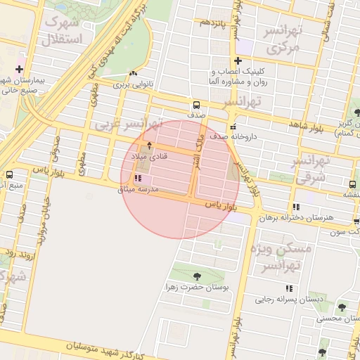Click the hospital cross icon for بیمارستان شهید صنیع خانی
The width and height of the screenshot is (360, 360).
pyautogui.click(x=19, y=70)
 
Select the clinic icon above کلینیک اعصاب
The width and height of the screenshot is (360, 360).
pyautogui.click(x=239, y=61)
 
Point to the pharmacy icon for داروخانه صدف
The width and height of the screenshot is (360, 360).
pyautogui.click(x=233, y=127)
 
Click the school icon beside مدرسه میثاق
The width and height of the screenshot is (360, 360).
pyautogui.click(x=136, y=179)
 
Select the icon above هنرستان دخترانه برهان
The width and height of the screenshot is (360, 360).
pyautogui.click(x=296, y=207)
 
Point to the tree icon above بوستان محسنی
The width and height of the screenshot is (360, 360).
pyautogui.click(x=342, y=307)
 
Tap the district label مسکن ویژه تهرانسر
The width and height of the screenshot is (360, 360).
pyautogui.click(x=285, y=257)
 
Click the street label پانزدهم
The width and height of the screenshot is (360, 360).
pyautogui.click(x=212, y=23)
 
